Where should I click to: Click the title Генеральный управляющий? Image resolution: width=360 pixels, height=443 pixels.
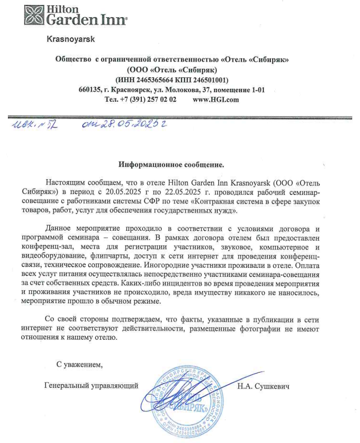tap(91, 385)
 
